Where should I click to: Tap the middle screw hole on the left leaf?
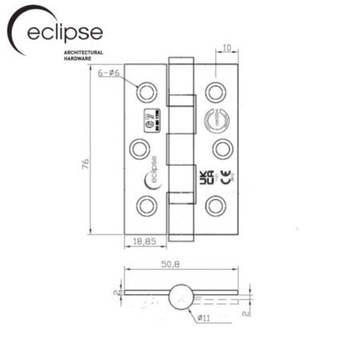(137, 148)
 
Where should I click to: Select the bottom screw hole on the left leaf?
(145, 204)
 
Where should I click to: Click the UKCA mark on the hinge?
(204, 177)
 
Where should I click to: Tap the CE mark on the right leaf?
(225, 178)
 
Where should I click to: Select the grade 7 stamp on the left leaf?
(160, 124)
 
